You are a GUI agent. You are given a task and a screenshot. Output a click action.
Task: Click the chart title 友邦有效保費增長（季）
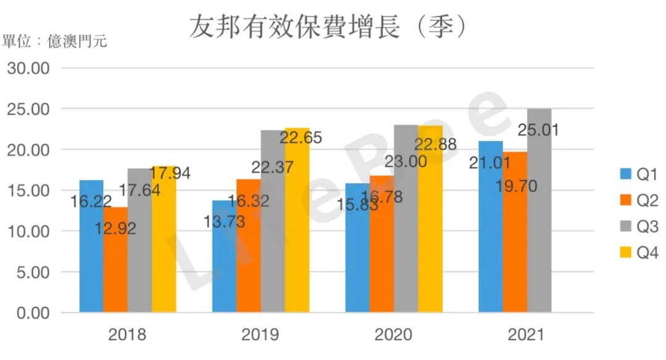(x=327, y=27)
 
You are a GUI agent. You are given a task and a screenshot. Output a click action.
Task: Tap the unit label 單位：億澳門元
(x=54, y=42)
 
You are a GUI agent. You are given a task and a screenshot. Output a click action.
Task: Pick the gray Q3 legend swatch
(x=625, y=227)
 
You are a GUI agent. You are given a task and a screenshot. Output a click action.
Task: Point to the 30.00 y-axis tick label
(x=28, y=68)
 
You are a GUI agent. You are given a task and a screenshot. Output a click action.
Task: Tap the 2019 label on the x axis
(x=260, y=335)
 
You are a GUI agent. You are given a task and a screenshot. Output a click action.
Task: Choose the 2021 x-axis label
(x=526, y=335)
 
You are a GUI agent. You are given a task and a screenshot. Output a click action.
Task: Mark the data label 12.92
(x=115, y=228)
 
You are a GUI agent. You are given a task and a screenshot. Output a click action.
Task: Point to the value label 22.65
(x=302, y=137)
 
